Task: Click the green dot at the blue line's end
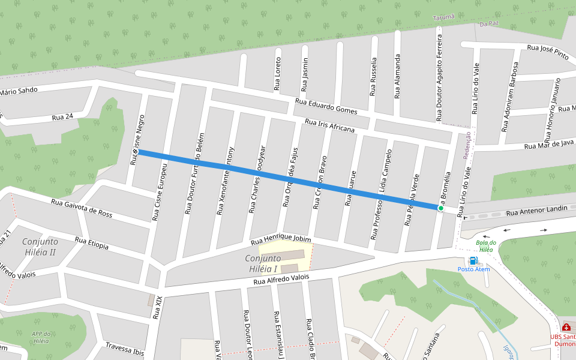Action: [440, 209]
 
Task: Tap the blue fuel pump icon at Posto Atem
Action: [473, 260]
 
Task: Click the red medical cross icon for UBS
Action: [566, 328]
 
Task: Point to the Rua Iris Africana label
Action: [329, 125]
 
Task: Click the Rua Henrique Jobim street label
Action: [281, 241]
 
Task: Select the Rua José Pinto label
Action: [547, 51]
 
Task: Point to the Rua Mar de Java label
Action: [549, 145]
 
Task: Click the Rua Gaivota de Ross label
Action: [82, 208]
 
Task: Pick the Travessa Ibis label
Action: [125, 349]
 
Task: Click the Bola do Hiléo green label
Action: [485, 246]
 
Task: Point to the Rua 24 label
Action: [62, 116]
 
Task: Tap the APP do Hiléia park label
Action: [41, 337]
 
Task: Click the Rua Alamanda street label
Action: [397, 76]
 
